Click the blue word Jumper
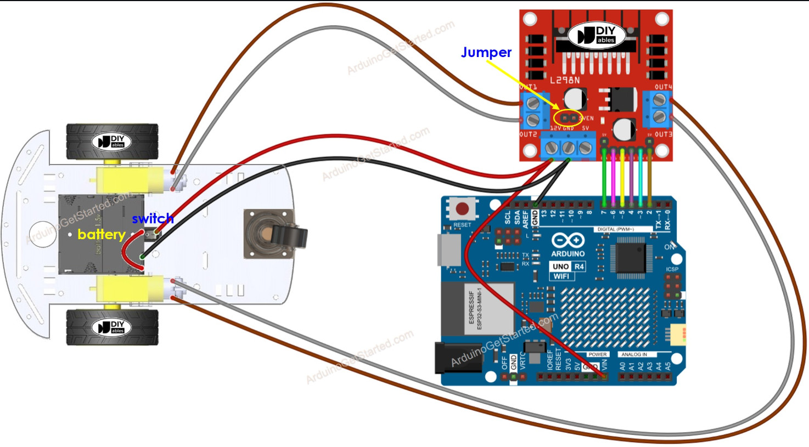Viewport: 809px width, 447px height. point(486,52)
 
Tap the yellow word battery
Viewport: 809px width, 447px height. point(101,234)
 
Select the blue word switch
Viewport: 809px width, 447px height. point(153,218)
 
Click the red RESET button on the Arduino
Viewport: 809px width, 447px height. point(462,208)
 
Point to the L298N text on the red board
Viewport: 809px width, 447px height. point(564,80)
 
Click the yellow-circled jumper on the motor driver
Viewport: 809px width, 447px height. point(568,117)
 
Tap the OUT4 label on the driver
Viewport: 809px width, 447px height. point(663,87)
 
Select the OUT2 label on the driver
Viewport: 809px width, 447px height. point(528,134)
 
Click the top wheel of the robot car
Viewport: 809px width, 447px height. point(112,142)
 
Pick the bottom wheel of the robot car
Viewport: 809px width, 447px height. point(112,327)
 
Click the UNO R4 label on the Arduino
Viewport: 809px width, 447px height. point(568,267)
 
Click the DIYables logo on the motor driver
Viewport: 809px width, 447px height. point(595,36)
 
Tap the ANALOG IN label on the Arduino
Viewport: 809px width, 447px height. point(634,354)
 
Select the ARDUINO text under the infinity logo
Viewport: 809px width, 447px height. point(568,254)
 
